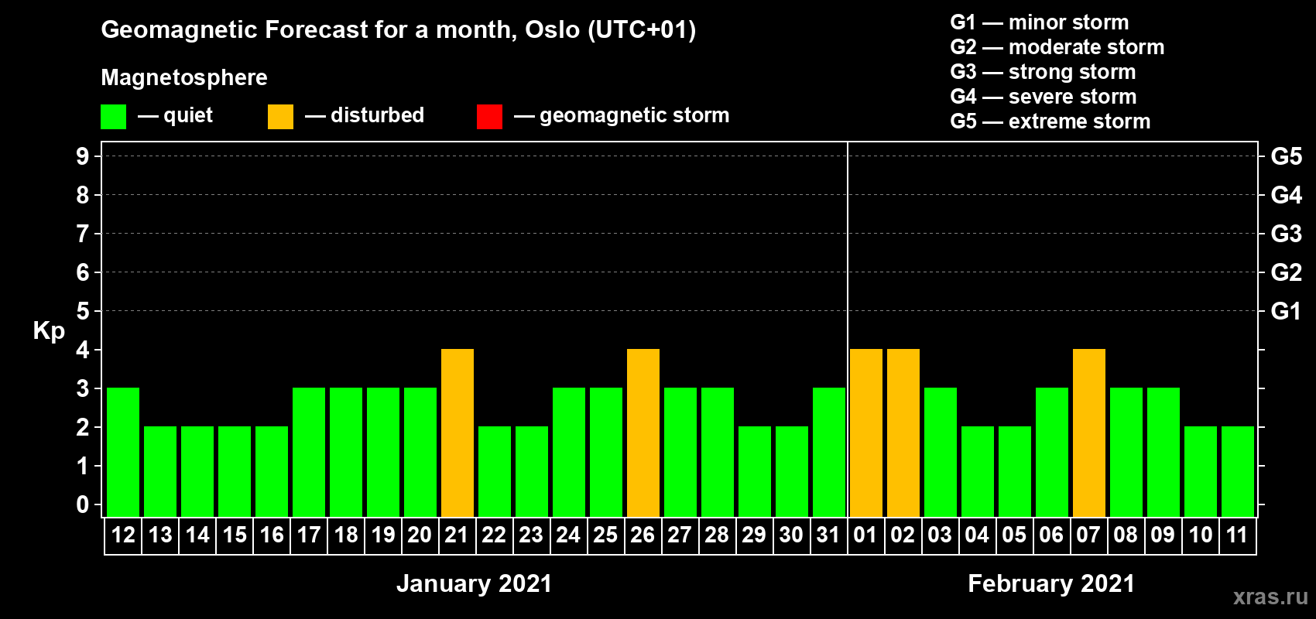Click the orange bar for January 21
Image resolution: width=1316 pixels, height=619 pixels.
pos(457,433)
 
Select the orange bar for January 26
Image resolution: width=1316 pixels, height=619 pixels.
pos(643,433)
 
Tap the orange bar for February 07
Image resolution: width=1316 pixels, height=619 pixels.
pos(1088,433)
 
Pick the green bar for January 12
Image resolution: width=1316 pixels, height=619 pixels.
pos(123,452)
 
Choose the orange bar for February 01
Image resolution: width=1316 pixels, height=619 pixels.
pos(866,433)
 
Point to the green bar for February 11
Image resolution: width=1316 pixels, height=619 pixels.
pos(1237,471)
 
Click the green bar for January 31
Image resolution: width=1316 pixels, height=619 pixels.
pos(829,452)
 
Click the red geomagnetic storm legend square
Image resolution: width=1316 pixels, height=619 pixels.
pos(489,116)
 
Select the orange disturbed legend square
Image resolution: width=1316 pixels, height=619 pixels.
pos(280,116)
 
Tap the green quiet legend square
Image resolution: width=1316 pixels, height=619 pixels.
pos(113,116)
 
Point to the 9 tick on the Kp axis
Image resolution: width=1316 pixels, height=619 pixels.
pos(82,156)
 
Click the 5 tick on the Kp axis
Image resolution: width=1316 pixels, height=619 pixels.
pos(82,311)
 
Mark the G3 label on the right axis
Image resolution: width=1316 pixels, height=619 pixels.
pos(1286,234)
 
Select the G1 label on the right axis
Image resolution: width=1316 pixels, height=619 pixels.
pos(1286,311)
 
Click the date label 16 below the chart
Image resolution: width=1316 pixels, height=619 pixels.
pos(272,535)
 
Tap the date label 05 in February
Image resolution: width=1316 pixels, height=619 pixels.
pos(1014,535)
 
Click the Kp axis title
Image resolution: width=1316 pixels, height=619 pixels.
pos(49,331)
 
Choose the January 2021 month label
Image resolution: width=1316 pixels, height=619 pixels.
pos(474,583)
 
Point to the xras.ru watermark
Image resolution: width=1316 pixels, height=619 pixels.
pos(1271,597)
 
